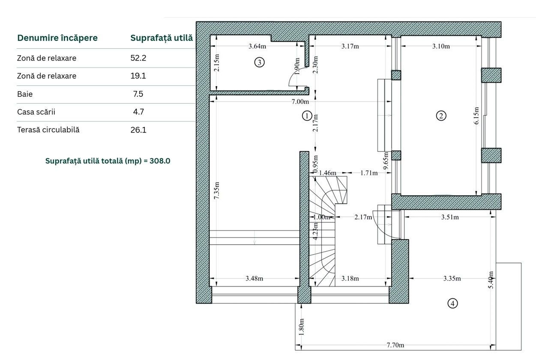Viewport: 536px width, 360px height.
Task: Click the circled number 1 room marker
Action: click(307, 116)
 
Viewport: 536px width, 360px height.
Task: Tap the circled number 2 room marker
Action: click(441, 116)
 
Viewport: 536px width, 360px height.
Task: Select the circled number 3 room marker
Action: click(259, 63)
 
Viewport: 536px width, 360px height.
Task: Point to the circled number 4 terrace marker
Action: click(452, 303)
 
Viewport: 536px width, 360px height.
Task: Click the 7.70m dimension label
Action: click(395, 345)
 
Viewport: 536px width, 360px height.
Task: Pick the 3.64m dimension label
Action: click(257, 46)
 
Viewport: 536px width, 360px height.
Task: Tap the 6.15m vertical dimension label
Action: click(476, 116)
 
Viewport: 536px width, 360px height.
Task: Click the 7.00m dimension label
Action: click(300, 102)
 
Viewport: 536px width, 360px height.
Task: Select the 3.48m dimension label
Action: click(254, 279)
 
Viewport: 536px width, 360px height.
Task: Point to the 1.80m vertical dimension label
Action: click(302, 327)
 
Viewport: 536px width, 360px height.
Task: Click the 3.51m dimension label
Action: click(450, 217)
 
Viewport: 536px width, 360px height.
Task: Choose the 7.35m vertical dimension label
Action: click(216, 191)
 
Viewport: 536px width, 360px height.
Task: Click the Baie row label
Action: click(25, 94)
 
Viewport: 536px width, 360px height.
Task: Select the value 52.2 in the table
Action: click(138, 58)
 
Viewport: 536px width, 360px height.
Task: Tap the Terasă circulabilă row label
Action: click(48, 130)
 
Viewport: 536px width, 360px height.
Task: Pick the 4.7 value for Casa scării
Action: click(138, 112)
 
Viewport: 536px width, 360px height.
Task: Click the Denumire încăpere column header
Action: click(57, 38)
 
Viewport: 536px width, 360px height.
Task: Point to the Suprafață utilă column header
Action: click(162, 38)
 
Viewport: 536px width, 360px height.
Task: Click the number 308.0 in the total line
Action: click(160, 161)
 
